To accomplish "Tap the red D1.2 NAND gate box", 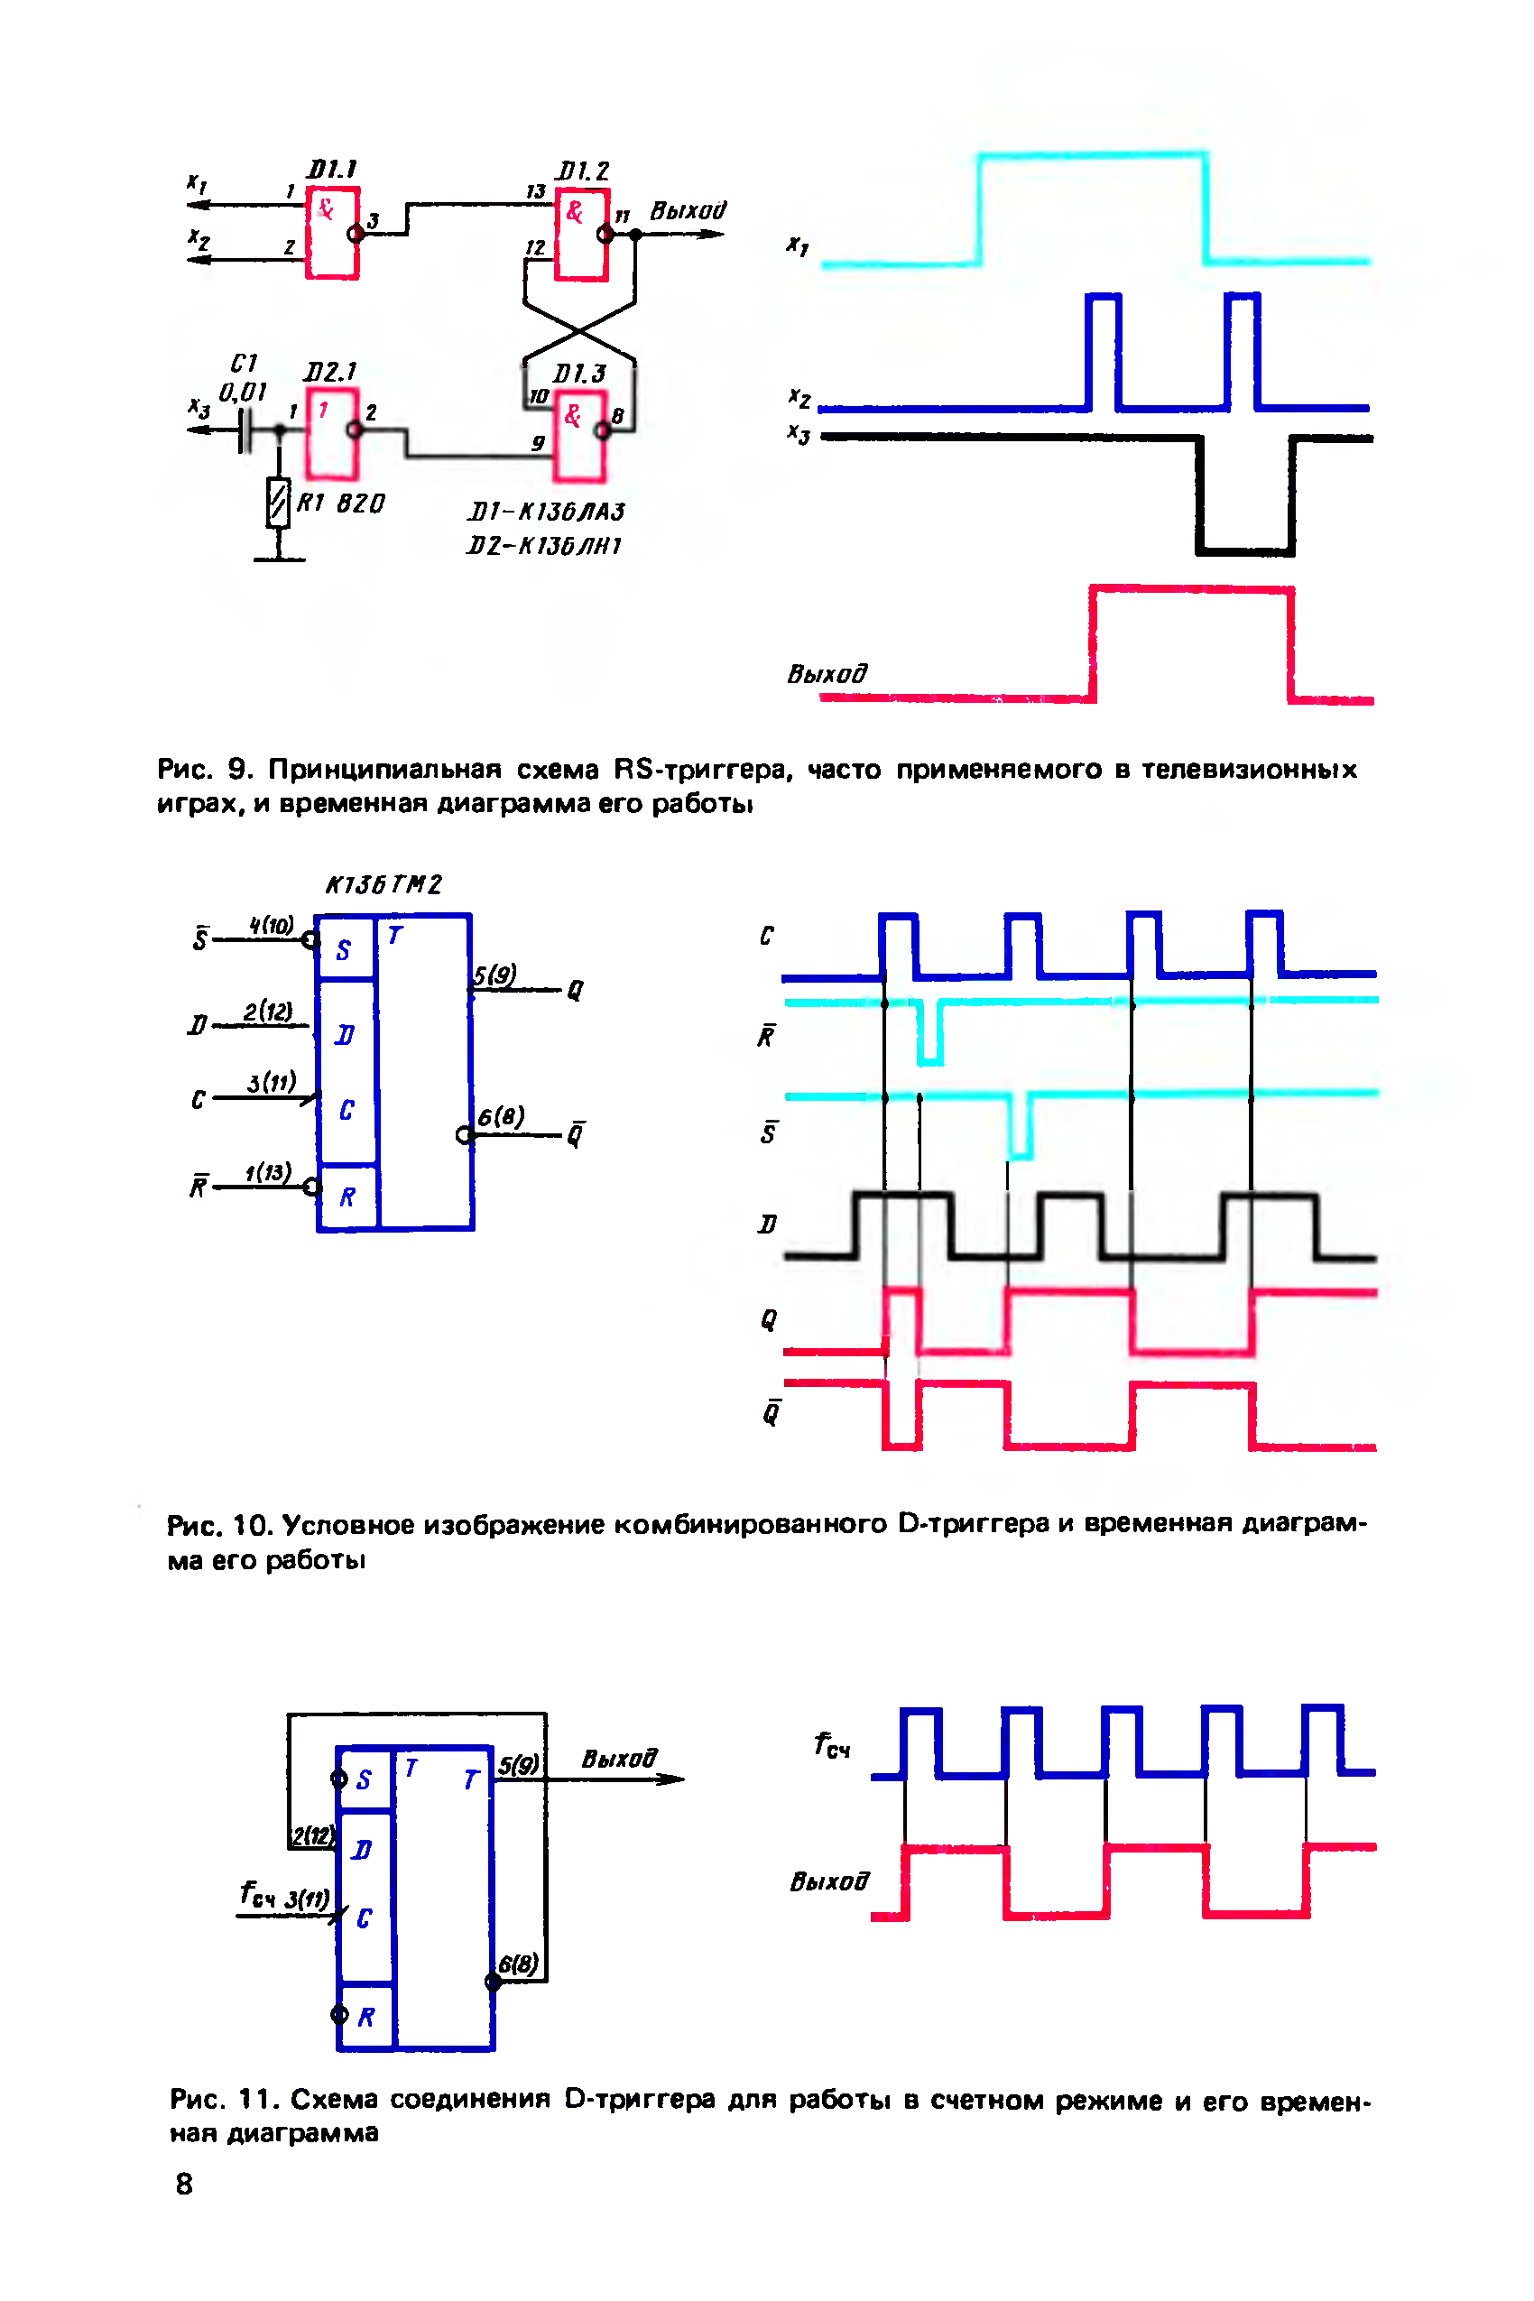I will tap(582, 236).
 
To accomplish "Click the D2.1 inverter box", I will tap(332, 432).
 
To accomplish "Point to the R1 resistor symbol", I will tap(279, 503).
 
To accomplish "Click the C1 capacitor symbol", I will tap(245, 430).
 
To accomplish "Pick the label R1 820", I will tap(340, 504).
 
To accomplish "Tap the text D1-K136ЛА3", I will tap(545, 512).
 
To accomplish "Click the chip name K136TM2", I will tap(383, 884).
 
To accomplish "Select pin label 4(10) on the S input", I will tap(271, 926).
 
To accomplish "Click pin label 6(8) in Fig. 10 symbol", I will tap(501, 1116).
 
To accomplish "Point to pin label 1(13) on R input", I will tap(268, 1172).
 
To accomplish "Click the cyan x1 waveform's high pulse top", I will tap(1092, 154).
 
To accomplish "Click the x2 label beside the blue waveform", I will tap(799, 396).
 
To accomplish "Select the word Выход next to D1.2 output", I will tap(688, 210).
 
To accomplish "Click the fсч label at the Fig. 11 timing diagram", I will tap(832, 1745).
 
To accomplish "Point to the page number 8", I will tap(184, 2184).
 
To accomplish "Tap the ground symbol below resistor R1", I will tap(279, 559).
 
